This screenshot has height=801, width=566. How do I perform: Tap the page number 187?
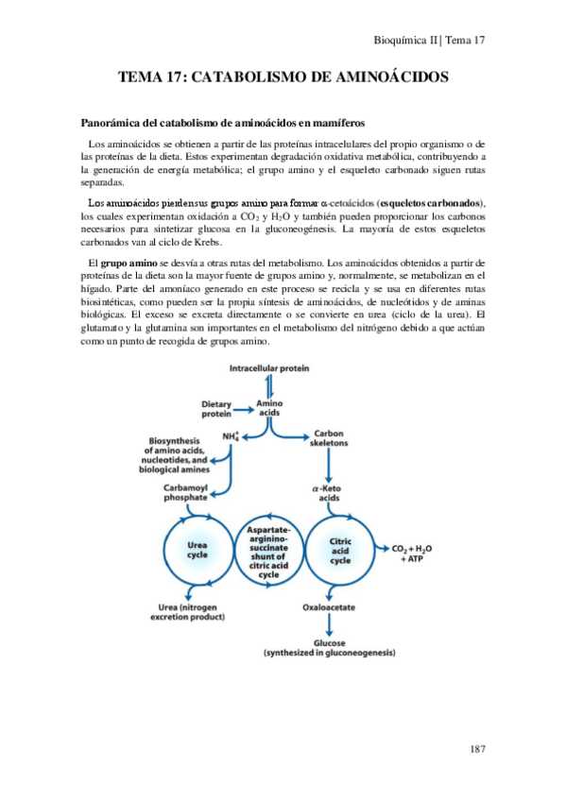[x=477, y=749]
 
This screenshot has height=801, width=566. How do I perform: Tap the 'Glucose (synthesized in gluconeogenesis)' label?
[x=328, y=645]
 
